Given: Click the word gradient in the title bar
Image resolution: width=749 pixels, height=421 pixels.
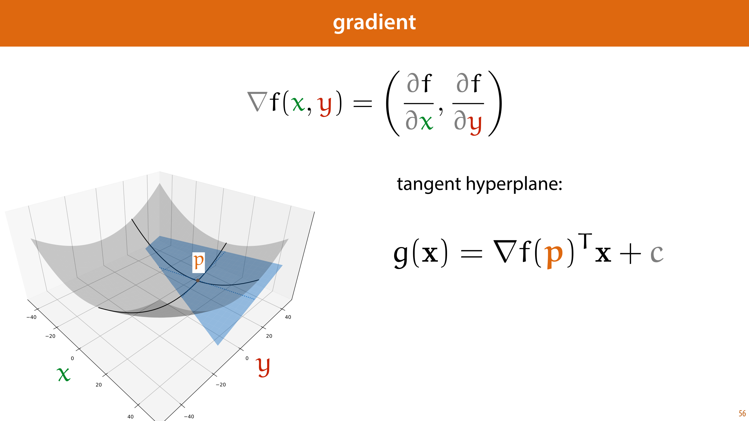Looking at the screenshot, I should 374,23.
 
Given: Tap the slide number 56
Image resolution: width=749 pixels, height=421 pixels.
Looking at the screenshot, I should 742,413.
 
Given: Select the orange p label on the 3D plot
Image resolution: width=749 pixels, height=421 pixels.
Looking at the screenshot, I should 198,262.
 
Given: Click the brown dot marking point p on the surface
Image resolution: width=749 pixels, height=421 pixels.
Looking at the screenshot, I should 198,280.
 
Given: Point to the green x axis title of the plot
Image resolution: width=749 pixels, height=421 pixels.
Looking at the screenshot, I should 64,374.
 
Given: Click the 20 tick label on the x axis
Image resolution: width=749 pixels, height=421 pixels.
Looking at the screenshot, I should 99,385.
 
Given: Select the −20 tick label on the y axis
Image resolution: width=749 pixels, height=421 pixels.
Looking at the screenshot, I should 221,385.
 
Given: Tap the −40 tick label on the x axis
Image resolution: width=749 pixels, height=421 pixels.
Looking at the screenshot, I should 31,317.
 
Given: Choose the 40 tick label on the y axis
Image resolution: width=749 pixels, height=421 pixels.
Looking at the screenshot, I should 288,317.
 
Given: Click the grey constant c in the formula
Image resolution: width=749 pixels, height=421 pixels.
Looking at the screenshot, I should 657,254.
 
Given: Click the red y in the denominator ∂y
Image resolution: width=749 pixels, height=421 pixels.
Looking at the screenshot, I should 475,124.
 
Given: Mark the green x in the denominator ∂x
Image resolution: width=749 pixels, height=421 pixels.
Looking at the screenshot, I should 426,122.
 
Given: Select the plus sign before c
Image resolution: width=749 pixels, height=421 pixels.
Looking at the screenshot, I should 630,254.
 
